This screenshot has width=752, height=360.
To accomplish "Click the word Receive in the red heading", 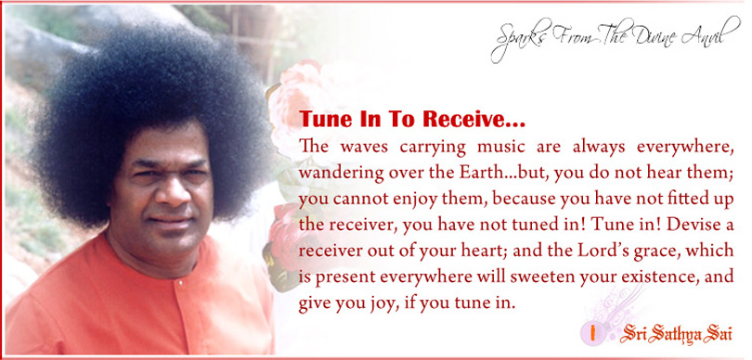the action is point(471,120).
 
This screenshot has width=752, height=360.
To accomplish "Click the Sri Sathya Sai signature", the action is point(675,334).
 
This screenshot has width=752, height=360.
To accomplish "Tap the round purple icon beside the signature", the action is point(591,333).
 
